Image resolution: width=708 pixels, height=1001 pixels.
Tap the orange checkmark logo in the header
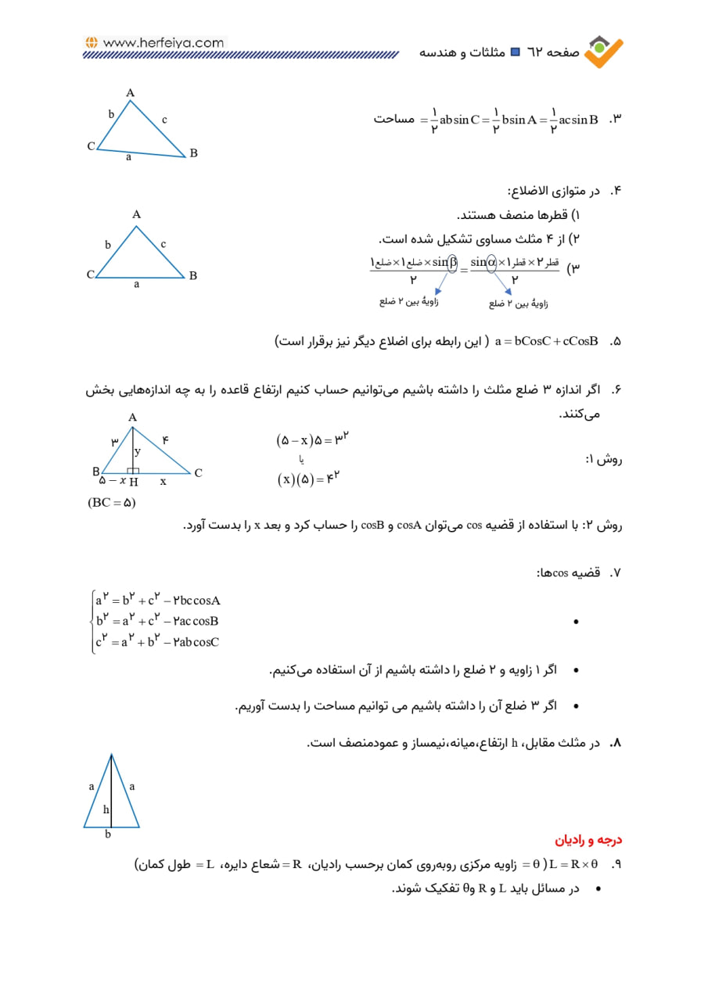(x=605, y=50)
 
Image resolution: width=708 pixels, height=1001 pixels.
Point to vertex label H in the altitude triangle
(x=134, y=483)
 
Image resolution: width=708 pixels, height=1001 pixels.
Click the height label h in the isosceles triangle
(x=106, y=809)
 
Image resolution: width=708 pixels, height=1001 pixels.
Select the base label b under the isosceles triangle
(x=109, y=834)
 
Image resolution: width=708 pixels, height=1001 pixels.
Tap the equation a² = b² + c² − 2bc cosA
(x=158, y=601)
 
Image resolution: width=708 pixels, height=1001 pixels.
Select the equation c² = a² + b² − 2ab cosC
(x=157, y=642)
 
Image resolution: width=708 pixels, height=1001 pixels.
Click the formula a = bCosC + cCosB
(x=546, y=342)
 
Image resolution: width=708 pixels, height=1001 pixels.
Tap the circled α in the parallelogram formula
(x=491, y=262)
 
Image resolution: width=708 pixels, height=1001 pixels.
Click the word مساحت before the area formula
(x=394, y=120)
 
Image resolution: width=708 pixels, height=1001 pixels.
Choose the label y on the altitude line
(x=137, y=451)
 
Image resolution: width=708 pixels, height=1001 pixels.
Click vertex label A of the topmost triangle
(x=131, y=93)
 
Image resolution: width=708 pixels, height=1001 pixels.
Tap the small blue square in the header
(x=515, y=52)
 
